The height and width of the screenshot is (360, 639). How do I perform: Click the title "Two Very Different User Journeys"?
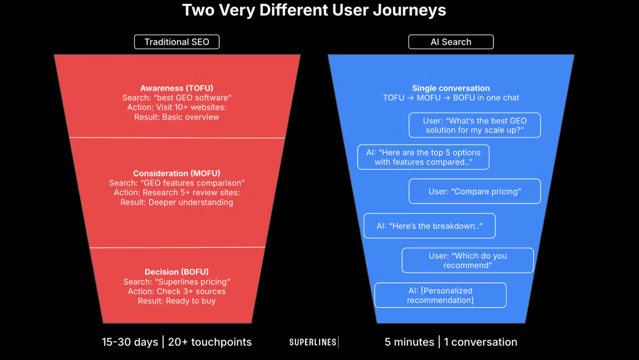click(314, 10)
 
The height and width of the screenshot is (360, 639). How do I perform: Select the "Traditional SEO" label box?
click(177, 42)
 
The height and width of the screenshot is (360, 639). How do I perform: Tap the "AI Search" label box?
click(450, 42)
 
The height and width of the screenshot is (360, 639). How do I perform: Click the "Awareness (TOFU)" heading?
click(177, 88)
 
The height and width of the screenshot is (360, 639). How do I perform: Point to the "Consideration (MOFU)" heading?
click(177, 173)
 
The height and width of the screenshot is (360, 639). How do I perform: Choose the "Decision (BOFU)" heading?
click(177, 272)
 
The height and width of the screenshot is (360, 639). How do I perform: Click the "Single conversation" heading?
click(450, 88)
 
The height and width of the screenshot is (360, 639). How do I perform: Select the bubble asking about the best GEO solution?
click(474, 125)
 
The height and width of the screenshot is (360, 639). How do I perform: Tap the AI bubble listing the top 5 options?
click(423, 157)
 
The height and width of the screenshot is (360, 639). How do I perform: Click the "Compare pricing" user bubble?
click(474, 191)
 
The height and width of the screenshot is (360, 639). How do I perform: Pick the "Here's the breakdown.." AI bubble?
click(429, 226)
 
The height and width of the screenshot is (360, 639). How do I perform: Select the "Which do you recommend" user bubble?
click(468, 260)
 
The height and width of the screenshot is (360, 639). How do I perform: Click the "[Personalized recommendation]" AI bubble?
click(440, 295)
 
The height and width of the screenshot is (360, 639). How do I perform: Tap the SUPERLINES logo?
click(314, 342)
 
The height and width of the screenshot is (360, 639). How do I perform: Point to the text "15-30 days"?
click(130, 342)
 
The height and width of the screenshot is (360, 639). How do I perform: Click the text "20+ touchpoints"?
click(210, 342)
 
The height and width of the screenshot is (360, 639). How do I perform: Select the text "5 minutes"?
click(409, 342)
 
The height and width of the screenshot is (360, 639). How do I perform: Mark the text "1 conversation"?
click(480, 342)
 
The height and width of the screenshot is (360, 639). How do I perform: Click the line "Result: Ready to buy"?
click(177, 301)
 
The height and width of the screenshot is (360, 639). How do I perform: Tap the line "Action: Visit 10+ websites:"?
click(177, 108)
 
